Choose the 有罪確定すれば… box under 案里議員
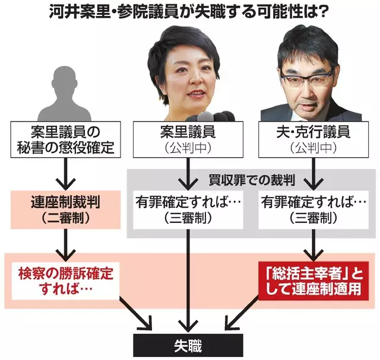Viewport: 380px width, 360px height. (188, 209)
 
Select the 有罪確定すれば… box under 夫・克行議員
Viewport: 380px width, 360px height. (313, 209)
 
